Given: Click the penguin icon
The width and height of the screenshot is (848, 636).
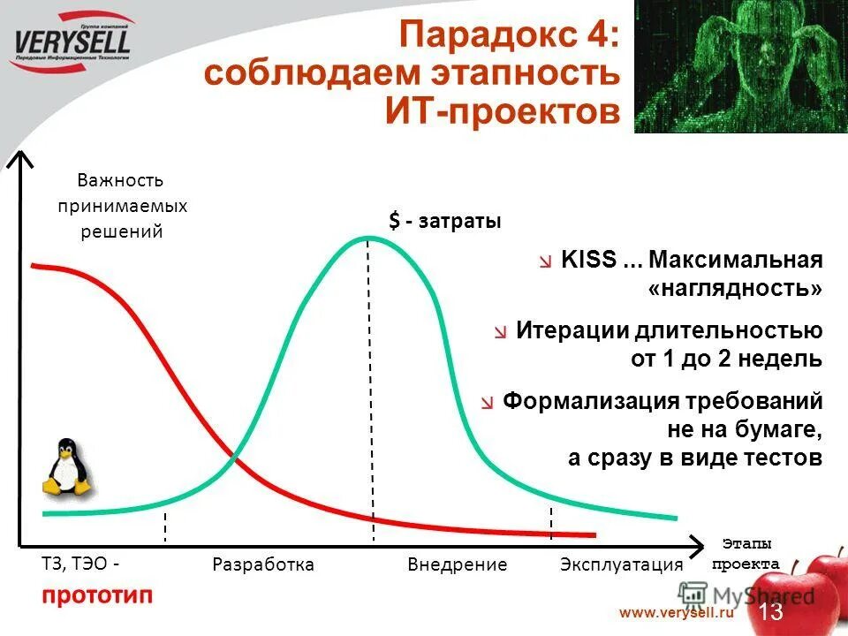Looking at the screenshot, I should pyautogui.click(x=67, y=467).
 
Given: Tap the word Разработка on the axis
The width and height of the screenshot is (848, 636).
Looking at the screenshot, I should pyautogui.click(x=263, y=564).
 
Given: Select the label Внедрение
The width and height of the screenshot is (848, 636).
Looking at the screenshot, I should pyautogui.click(x=458, y=564).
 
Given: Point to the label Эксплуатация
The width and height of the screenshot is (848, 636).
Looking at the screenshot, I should pyautogui.click(x=622, y=564).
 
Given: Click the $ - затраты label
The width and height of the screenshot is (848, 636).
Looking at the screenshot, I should pyautogui.click(x=445, y=222).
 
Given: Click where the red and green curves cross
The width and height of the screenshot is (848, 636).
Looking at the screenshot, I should pyautogui.click(x=235, y=457).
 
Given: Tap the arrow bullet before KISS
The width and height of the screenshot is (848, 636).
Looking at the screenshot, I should pyautogui.click(x=548, y=261).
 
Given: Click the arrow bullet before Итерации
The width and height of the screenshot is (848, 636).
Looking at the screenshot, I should pyautogui.click(x=502, y=332).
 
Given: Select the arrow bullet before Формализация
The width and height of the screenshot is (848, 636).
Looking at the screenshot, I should pyautogui.click(x=488, y=403).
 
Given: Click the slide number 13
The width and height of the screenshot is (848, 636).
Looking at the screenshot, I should pyautogui.click(x=770, y=611).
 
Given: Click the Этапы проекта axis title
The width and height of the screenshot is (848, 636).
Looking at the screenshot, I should pyautogui.click(x=746, y=554).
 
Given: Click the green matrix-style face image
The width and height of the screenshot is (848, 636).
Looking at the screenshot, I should pyautogui.click(x=740, y=66).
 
